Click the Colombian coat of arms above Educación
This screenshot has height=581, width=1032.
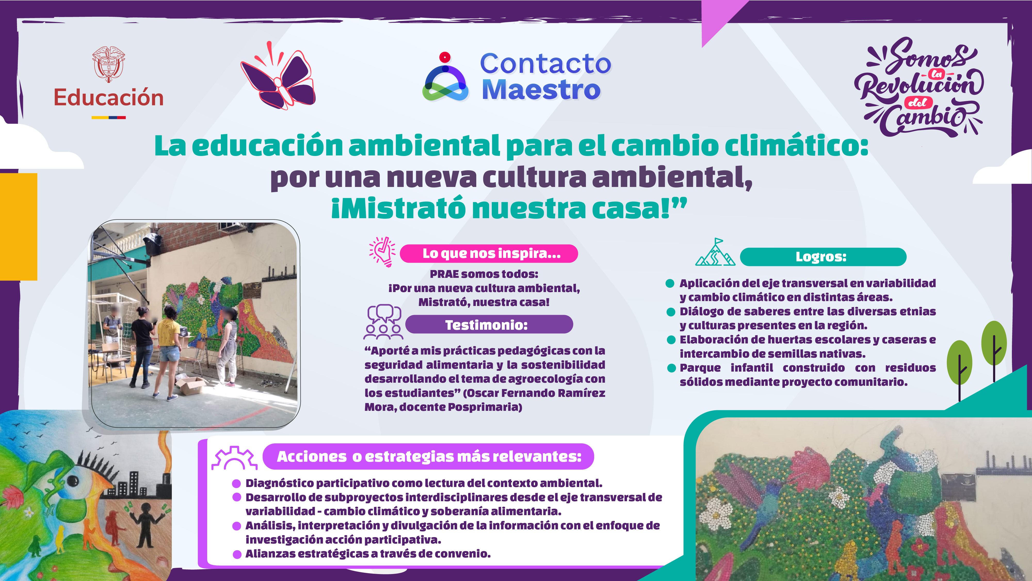point(109,64)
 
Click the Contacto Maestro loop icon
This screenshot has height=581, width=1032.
point(445,80)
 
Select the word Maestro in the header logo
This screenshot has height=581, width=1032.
point(541,90)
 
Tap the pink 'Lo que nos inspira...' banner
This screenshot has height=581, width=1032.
point(489,253)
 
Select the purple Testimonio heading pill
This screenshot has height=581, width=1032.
point(489,324)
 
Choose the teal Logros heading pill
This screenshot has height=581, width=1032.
point(823,257)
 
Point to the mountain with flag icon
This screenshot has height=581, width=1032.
point(715,253)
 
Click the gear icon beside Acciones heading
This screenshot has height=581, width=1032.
point(234,458)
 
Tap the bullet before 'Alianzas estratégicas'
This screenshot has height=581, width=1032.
point(237,554)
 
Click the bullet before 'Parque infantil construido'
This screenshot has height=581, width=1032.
point(671,368)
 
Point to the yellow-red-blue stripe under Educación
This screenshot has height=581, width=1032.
point(109,117)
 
